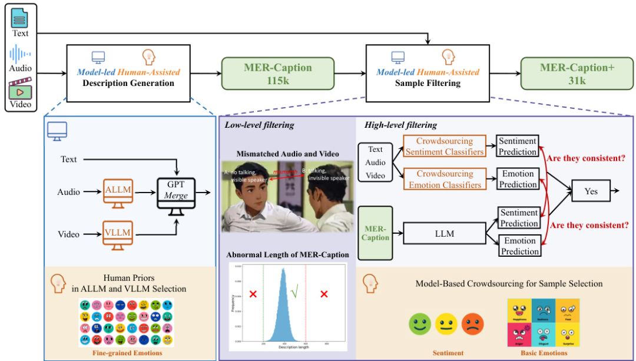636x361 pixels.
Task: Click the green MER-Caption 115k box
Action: [278, 73]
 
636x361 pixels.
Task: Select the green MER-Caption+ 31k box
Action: [577, 73]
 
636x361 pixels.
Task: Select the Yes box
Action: [591, 191]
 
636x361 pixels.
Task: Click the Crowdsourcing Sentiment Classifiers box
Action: [445, 147]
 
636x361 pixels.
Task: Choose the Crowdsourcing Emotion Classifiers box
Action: [445, 179]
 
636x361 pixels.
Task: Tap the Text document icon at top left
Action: [20, 17]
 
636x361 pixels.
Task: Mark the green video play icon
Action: [20, 91]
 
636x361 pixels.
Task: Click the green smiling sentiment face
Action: [420, 323]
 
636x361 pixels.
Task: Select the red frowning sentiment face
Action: [472, 323]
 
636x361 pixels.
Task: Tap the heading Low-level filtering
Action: [259, 124]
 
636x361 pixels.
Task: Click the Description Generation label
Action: [128, 83]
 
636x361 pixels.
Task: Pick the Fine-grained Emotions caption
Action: [127, 353]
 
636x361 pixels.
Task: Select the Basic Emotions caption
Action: [543, 353]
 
